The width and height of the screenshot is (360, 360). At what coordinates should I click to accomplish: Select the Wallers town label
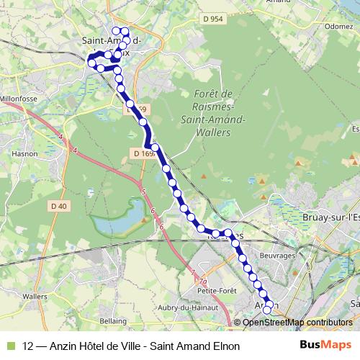coord(35,295)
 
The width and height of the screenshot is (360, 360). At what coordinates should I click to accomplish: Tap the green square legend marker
coord(9,346)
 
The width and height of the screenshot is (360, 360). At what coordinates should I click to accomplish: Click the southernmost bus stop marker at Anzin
coord(268,309)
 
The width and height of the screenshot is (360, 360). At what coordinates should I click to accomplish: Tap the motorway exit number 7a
coord(204,280)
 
